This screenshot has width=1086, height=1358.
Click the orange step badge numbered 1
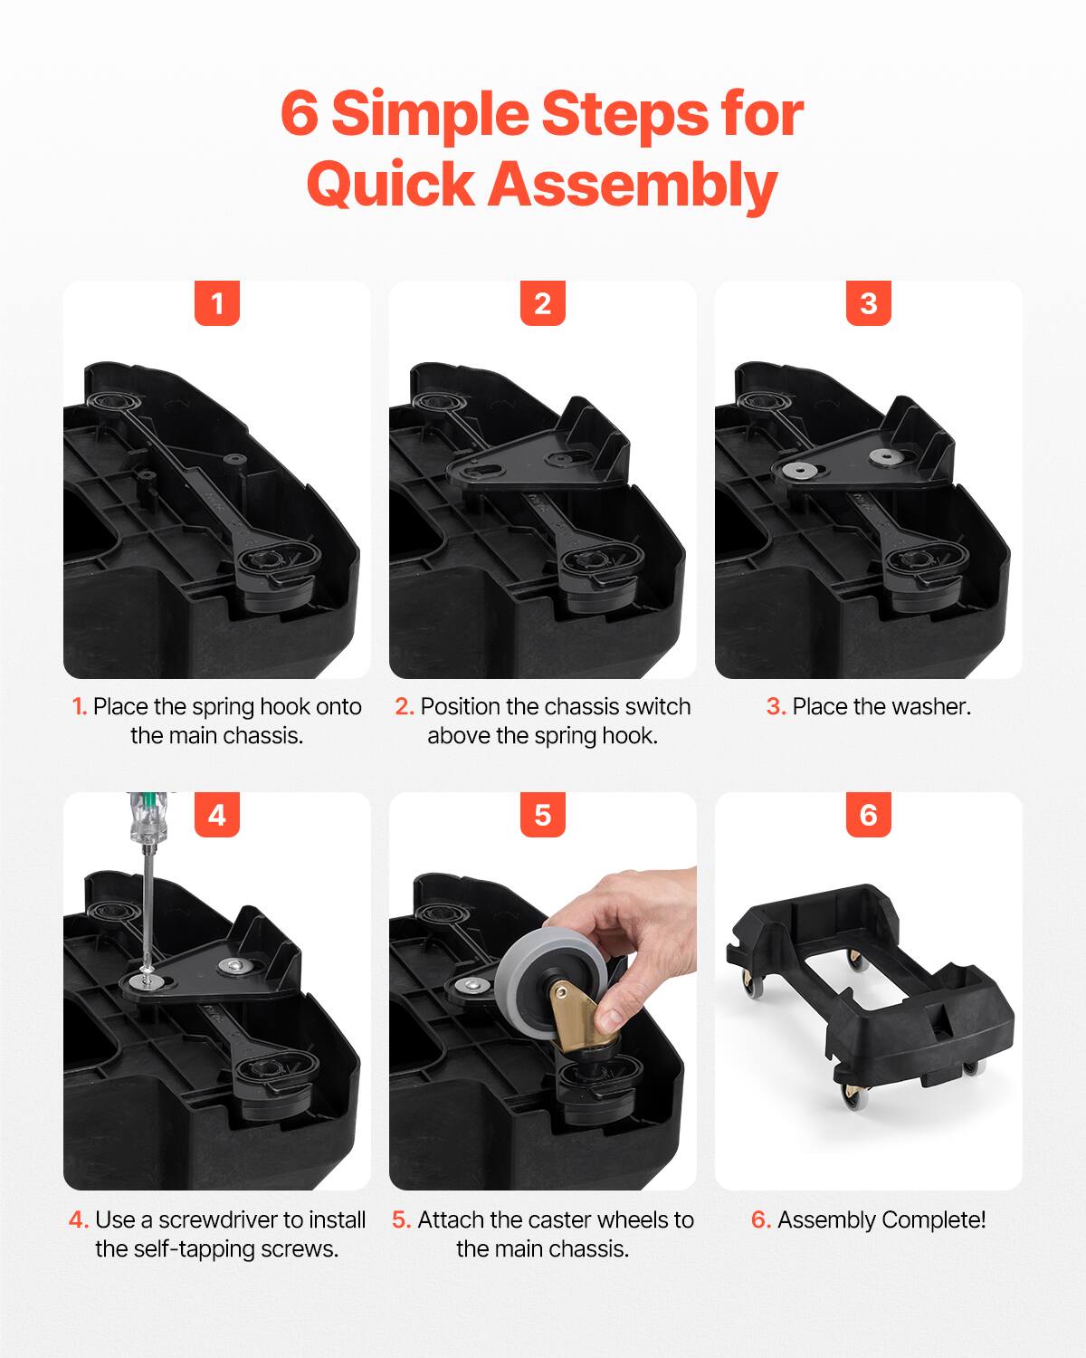coord(217,303)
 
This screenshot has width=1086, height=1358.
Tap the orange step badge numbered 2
coord(543,303)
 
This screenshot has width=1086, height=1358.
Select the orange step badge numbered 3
coord(869,303)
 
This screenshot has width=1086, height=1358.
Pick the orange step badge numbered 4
coord(217,815)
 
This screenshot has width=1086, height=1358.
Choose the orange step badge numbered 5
coord(543,815)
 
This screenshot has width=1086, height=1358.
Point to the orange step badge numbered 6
coord(869,815)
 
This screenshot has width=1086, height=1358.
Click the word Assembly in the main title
coord(633,185)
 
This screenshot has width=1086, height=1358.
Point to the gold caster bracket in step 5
coord(576,1014)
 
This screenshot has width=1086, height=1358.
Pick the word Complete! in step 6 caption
coord(934,1220)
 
